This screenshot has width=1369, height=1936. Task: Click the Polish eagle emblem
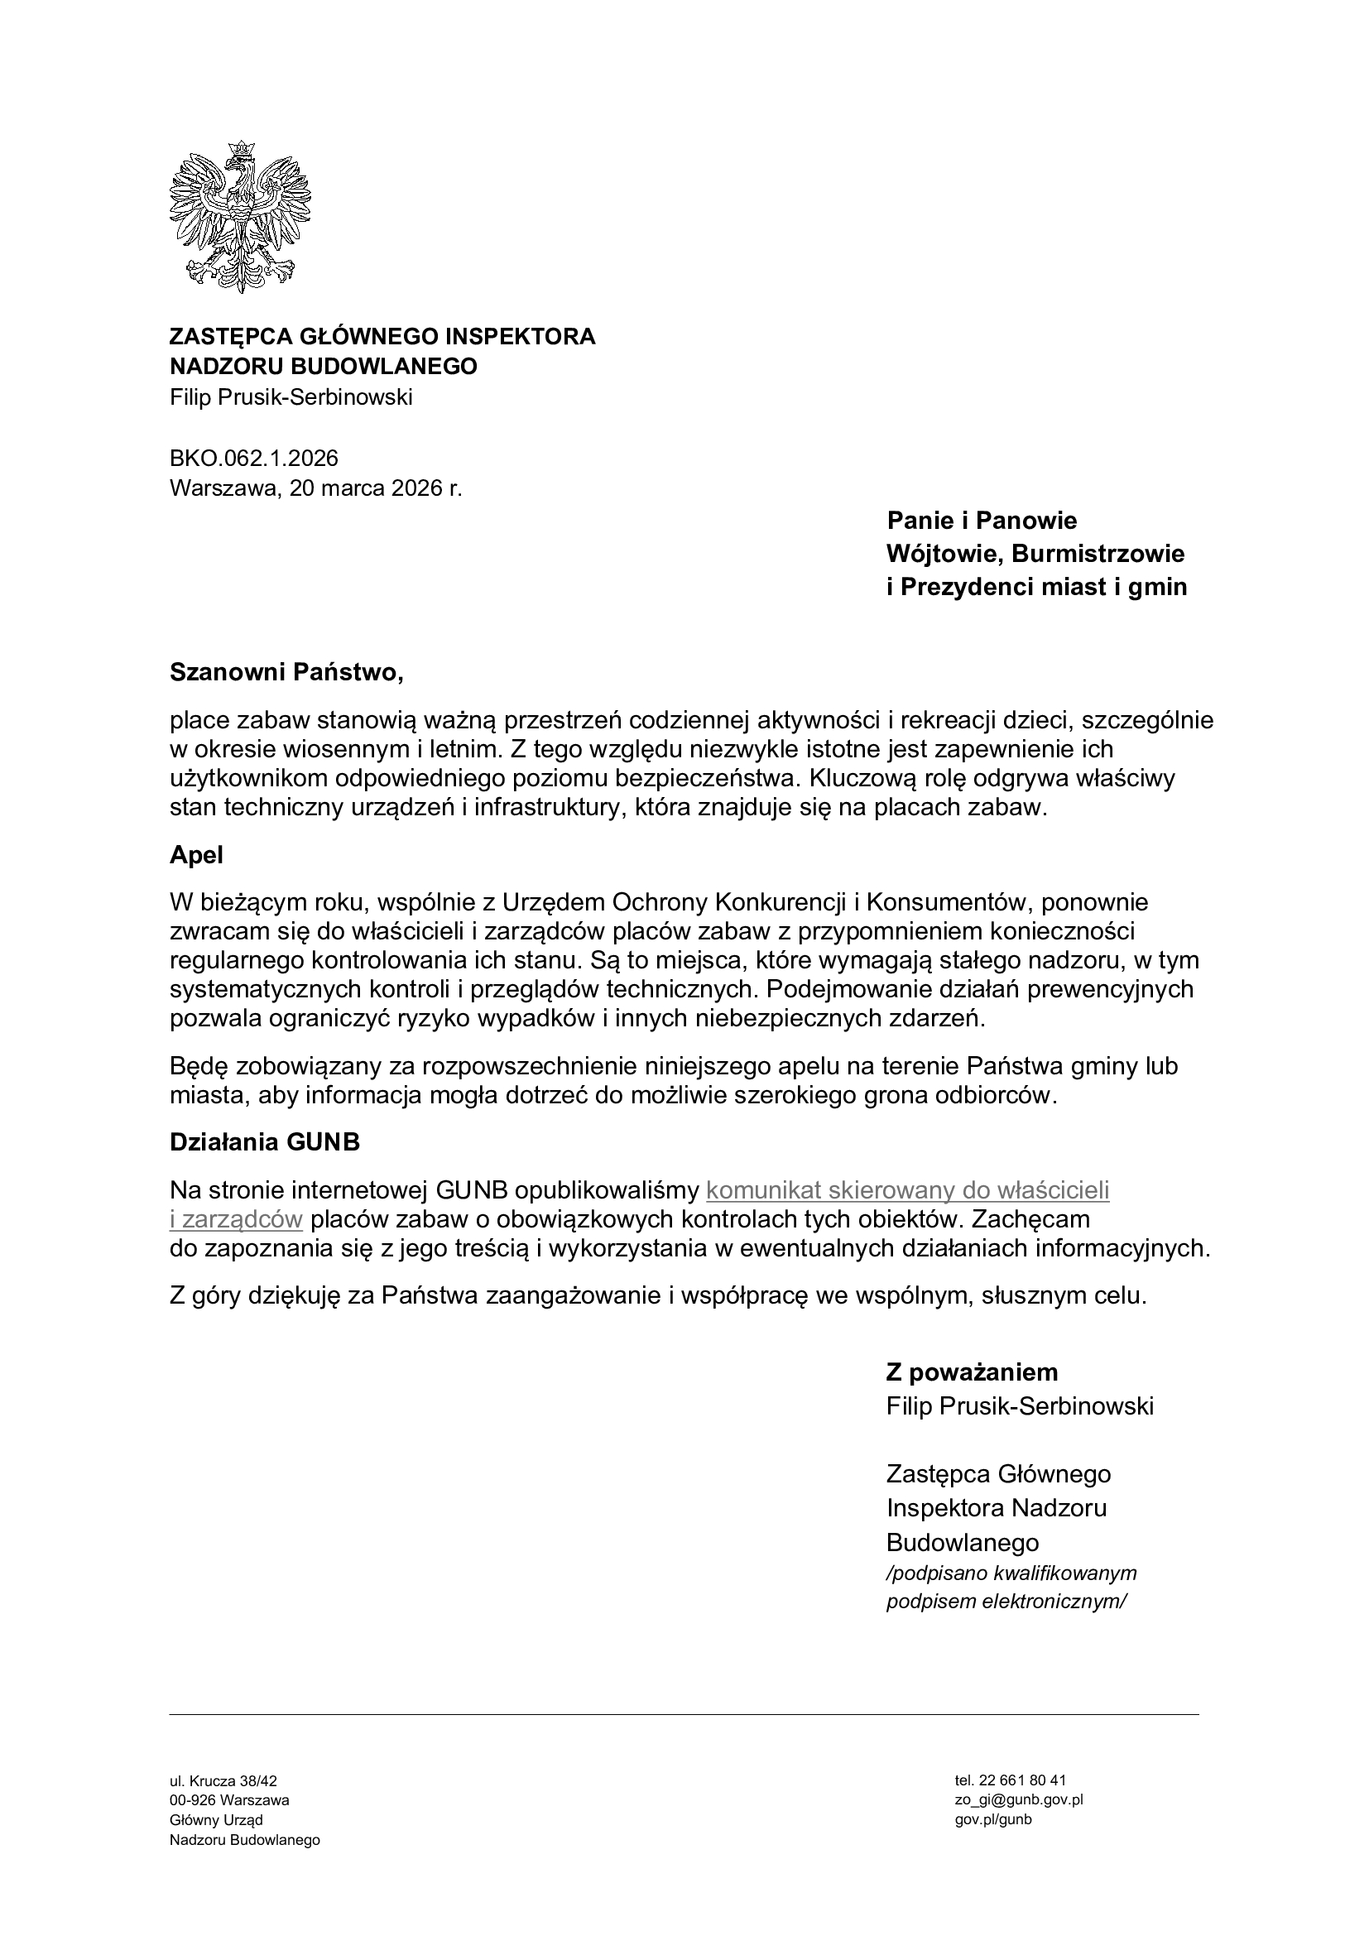pos(240,218)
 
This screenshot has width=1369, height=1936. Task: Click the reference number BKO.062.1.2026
pos(254,458)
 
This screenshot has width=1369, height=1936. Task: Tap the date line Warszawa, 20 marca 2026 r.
pos(316,488)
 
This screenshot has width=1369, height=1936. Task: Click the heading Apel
pos(196,855)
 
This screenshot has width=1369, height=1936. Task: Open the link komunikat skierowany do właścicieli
pos(907,1189)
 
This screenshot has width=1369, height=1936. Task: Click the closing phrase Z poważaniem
pos(972,1372)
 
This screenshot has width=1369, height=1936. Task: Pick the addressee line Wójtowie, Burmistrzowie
pos(1035,554)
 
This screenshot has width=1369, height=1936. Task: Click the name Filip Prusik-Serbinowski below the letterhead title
pos(291,397)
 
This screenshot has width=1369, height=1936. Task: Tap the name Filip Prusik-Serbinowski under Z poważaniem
pos(1020,1405)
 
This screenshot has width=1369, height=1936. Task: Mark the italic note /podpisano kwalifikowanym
pos(1011,1573)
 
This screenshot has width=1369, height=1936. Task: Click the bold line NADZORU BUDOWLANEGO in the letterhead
pos(323,366)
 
